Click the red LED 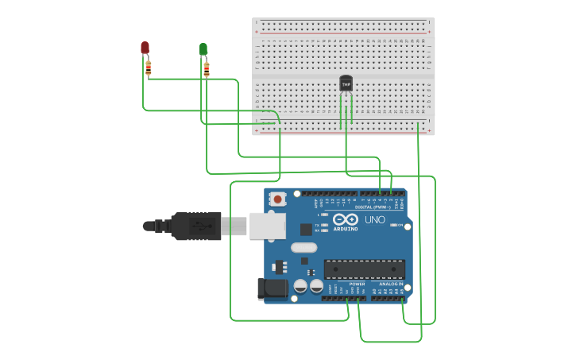145,48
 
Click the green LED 203,49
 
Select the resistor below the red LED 148,68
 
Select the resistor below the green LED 207,69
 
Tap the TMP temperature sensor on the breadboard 346,83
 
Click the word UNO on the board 374,219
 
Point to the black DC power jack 272,289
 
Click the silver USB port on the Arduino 267,226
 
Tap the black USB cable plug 195,226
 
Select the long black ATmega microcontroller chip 364,269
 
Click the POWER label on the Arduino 357,284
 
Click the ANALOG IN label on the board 390,284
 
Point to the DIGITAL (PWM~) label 379,207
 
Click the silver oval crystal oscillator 303,247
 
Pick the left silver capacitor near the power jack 301,285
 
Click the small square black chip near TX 306,230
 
